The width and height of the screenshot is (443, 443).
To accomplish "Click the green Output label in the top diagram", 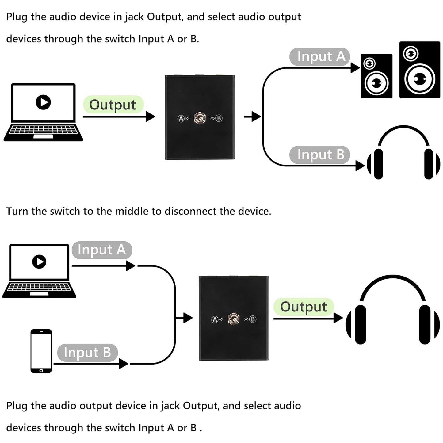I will [113, 105].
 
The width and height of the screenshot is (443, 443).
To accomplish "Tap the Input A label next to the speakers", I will [320, 57].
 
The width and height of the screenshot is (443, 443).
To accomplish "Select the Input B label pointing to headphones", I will [320, 155].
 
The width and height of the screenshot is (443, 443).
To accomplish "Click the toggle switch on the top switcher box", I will [200, 118].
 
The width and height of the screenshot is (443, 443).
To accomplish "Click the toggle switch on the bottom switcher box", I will [234, 319].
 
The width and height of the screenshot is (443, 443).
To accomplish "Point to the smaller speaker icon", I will [376, 76].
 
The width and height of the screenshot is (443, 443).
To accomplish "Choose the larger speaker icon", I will [419, 70].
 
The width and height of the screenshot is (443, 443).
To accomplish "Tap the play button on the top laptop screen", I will [43, 102].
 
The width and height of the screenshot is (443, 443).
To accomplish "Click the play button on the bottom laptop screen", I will [39, 262].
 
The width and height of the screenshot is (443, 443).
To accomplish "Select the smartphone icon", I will [41, 351].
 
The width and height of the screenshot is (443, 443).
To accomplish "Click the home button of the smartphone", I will [41, 370].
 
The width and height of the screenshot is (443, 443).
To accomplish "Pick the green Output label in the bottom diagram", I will [303, 307].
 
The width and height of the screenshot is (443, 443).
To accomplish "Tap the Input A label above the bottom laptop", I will [102, 250].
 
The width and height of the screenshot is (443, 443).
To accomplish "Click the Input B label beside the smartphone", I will [87, 353].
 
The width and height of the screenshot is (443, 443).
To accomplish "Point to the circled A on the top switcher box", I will [181, 118].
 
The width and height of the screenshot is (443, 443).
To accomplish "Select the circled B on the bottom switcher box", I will [253, 319].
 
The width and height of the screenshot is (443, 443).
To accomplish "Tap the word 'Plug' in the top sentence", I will [17, 17].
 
